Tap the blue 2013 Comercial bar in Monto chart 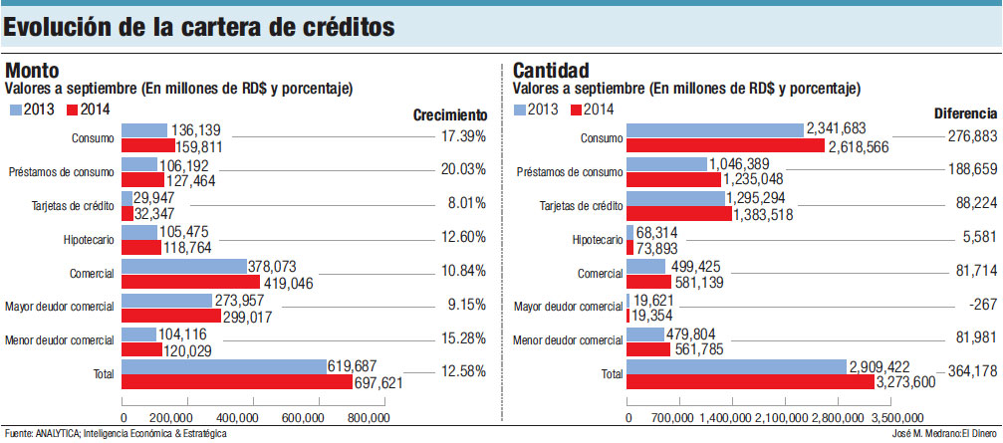pyautogui.click(x=183, y=266)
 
